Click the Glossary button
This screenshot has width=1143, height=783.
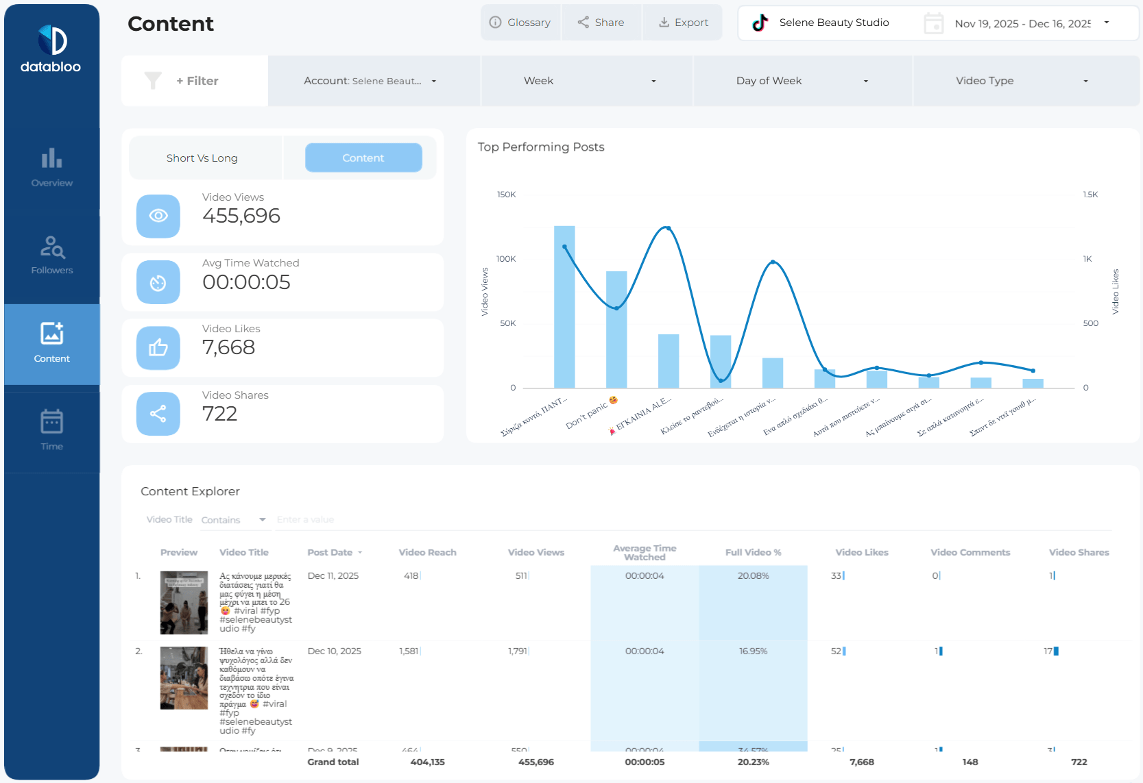point(520,23)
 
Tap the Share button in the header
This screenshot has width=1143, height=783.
point(601,23)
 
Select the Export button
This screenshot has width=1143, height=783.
point(683,23)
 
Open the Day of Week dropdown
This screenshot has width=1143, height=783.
point(802,81)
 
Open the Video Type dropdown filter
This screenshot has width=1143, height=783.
point(1022,81)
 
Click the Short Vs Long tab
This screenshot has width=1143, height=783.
point(202,158)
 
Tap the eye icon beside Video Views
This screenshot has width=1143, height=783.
point(158,216)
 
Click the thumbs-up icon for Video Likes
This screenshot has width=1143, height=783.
point(158,348)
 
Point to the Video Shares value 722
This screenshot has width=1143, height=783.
point(219,414)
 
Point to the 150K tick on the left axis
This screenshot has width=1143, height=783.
point(507,195)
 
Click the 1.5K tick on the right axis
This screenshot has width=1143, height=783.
point(1090,195)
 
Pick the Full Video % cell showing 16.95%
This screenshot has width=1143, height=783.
point(753,651)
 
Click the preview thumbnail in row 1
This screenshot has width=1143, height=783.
point(184,603)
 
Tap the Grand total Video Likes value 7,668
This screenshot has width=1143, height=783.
point(861,762)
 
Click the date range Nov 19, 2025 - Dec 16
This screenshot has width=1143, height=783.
point(1022,23)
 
